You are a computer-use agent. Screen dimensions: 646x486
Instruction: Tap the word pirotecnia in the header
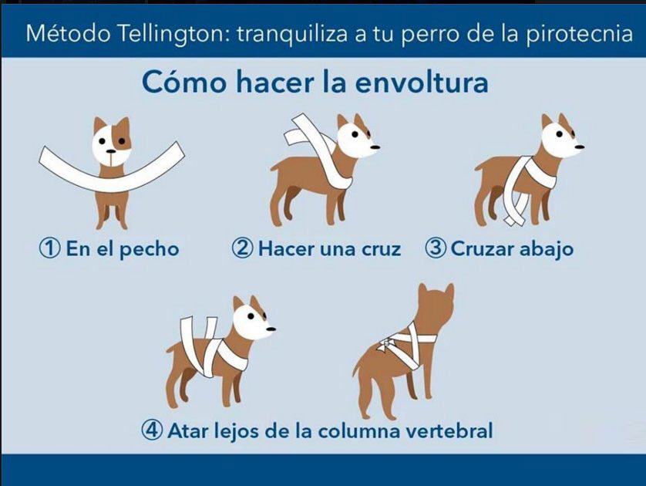[580, 34]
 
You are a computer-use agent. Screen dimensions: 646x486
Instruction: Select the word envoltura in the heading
[422, 82]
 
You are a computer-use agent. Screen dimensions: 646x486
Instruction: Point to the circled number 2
[242, 248]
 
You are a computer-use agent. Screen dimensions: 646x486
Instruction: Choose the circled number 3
[435, 248]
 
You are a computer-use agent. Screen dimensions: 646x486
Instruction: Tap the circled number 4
[152, 430]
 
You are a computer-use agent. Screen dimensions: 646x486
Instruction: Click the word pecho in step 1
[148, 250]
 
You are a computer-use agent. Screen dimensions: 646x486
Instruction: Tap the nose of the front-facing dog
[111, 152]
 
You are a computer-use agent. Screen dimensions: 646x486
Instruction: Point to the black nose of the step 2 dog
[375, 147]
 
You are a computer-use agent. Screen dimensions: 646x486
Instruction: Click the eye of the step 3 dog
[559, 134]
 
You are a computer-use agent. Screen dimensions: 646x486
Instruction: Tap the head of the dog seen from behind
[436, 307]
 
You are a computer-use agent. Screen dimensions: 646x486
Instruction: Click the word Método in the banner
[68, 34]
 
